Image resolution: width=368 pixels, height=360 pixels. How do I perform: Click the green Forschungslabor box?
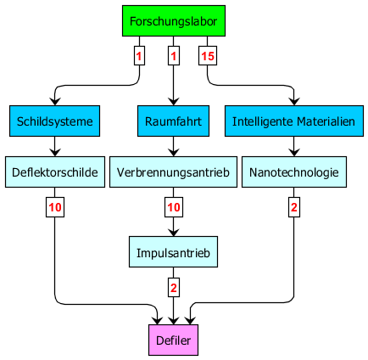174,20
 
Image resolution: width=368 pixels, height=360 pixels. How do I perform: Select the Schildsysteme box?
54,121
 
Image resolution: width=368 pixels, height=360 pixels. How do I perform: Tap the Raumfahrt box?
173,121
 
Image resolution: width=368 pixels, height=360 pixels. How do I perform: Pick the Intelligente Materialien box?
294,121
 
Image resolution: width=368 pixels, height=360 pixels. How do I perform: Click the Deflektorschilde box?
55,172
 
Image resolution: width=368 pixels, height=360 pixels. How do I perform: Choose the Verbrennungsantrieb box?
173,172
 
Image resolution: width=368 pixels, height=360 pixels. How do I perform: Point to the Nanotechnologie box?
294,172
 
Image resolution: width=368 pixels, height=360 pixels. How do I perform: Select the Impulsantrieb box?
173,251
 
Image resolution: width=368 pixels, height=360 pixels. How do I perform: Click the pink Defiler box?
173,340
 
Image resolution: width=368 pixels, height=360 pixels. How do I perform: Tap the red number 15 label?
208,56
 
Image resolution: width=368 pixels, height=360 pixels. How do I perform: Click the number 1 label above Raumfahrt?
174,56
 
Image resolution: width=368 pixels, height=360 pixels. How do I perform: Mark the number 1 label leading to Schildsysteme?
139,56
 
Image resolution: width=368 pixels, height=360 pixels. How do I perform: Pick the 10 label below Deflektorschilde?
55,207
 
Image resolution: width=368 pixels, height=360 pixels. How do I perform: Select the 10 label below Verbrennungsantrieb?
174,207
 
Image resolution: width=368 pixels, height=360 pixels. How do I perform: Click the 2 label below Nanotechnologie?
294,207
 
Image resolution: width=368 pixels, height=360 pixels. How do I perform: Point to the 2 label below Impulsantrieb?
174,288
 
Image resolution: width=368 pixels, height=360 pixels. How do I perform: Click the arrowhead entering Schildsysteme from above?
55,102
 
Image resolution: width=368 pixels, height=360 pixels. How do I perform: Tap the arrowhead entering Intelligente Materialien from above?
294,102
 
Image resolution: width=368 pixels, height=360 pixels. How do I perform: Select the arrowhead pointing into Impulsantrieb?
173,233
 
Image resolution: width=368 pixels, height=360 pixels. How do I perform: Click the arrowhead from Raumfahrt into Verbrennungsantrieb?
173,153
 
